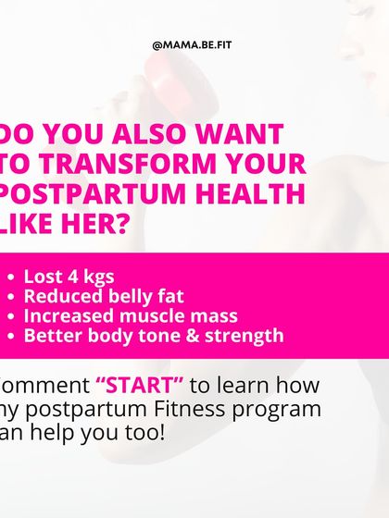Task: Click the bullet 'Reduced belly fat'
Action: (104, 296)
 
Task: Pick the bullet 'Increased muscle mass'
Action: (131, 315)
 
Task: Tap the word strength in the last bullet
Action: (241, 335)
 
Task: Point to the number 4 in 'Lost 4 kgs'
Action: (73, 277)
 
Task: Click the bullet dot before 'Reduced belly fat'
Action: (10, 297)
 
